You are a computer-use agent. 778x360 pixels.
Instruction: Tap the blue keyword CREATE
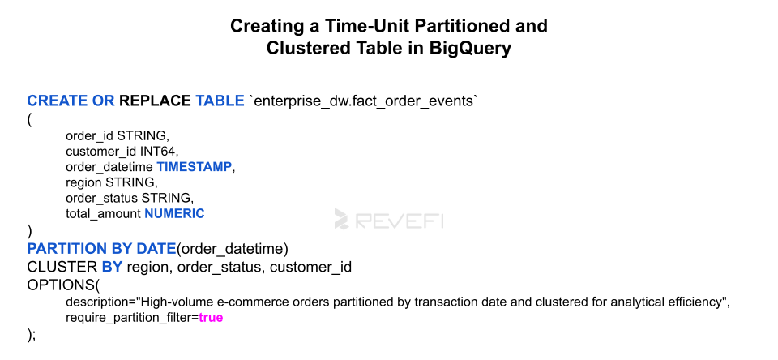coord(57,101)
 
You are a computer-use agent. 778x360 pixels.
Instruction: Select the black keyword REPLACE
coord(155,101)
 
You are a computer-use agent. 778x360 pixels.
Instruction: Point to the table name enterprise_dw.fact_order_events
coord(365,101)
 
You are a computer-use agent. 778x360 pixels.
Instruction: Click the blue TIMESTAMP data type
coord(194,167)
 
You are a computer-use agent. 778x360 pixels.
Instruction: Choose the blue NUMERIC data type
coord(174,213)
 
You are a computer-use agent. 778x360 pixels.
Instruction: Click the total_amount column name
coord(103,214)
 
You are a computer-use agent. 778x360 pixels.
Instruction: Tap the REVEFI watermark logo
coord(389,219)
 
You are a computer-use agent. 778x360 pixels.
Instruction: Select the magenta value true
coord(211,318)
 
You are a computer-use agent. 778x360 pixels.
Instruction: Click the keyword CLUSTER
coord(62,267)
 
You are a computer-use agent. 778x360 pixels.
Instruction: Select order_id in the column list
coord(90,135)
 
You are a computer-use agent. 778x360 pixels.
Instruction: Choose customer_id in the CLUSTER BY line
coord(310,268)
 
